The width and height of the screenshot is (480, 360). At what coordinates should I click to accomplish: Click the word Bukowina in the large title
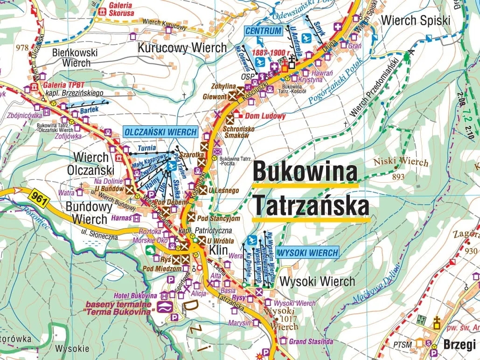305,172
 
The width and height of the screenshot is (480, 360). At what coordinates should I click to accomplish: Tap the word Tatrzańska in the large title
311,206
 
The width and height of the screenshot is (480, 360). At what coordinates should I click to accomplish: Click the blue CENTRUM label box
264,31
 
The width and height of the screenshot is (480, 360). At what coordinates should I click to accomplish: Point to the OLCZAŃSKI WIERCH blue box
160,132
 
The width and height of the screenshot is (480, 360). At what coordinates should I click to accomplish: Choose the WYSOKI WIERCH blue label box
307,253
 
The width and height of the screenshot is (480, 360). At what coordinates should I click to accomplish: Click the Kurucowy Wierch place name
182,48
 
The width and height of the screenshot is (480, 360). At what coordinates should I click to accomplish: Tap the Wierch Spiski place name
416,21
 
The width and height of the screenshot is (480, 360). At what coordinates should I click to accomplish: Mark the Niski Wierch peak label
401,162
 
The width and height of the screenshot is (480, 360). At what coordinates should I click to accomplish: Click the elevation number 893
398,177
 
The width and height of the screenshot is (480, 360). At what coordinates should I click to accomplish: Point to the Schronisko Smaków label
237,132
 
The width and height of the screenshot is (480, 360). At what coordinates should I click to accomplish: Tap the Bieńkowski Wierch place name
75,57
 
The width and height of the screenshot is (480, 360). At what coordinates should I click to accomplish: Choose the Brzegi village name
459,345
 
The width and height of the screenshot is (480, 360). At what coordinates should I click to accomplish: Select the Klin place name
218,250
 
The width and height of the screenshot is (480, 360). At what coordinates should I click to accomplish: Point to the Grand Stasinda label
311,341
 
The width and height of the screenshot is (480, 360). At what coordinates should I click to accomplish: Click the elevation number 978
22,48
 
